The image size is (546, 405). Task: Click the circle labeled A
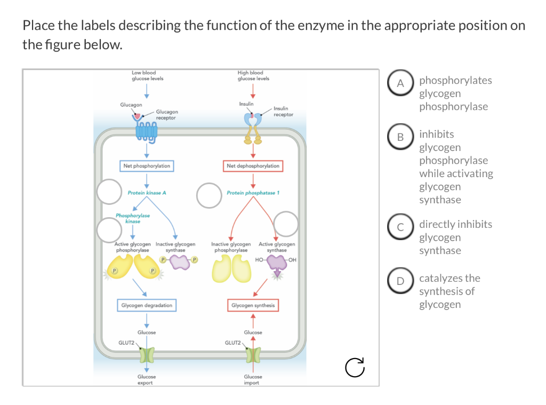click(x=400, y=83)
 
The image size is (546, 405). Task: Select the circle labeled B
click(x=400, y=137)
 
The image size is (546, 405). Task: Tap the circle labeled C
click(x=400, y=227)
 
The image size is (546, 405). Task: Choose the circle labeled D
click(x=400, y=281)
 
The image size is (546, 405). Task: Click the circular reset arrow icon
click(x=355, y=367)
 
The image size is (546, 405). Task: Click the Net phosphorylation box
click(x=147, y=166)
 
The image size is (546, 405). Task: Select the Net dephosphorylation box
click(x=253, y=166)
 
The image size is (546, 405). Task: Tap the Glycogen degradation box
click(x=147, y=305)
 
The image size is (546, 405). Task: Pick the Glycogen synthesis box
click(x=253, y=305)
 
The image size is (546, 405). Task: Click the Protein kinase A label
click(x=147, y=193)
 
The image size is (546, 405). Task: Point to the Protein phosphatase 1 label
click(x=253, y=193)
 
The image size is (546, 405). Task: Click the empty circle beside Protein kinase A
click(x=109, y=192)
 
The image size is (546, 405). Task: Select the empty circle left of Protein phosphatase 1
click(x=209, y=195)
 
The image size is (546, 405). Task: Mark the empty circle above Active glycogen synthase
click(x=286, y=224)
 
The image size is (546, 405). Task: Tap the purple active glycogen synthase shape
click(x=277, y=264)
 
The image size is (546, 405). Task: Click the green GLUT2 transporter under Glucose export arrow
click(x=147, y=354)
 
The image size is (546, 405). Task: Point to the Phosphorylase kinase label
click(x=133, y=218)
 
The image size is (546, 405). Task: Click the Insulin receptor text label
click(x=284, y=112)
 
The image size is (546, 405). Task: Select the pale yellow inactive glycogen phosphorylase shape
click(x=231, y=268)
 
